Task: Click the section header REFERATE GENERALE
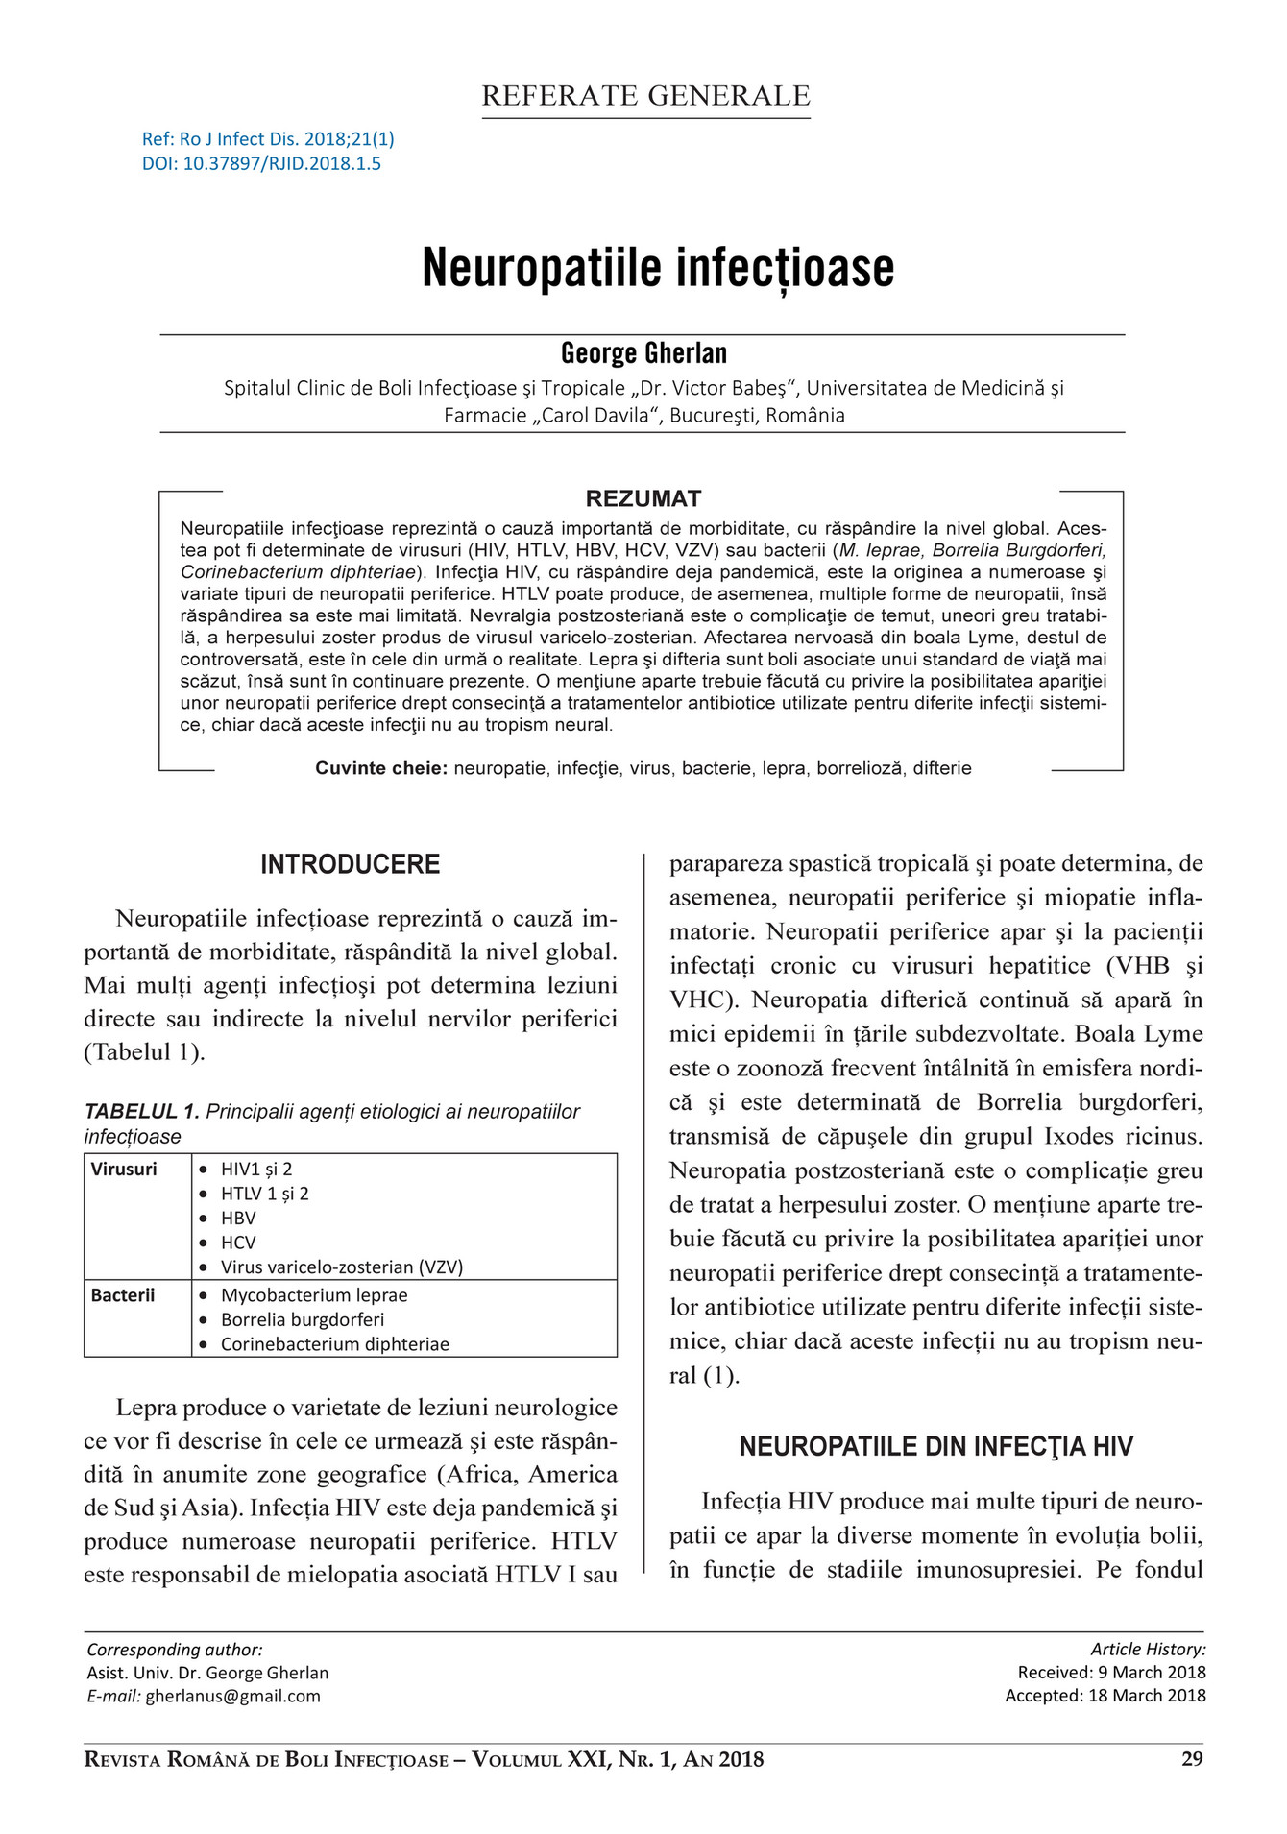coord(645,96)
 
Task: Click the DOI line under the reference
coord(261,164)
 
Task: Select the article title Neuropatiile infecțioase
coord(658,268)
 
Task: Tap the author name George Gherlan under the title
coord(643,353)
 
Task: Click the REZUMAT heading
coord(643,498)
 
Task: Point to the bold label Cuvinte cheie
coord(381,768)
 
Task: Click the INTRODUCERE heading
coord(350,864)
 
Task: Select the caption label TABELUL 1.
coord(141,1111)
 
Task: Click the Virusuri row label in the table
coord(124,1169)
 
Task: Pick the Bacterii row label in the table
coord(122,1295)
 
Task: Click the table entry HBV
coord(238,1218)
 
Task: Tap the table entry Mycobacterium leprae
coord(314,1295)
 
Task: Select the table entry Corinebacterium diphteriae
coord(334,1344)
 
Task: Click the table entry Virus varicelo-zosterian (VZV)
coord(341,1267)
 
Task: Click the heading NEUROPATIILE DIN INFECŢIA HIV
coord(935,1447)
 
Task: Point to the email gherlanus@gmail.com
coord(232,1696)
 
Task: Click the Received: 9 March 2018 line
coord(1111,1672)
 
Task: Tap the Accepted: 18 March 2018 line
coord(1105,1696)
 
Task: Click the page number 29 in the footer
coord(1192,1760)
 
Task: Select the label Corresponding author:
coord(174,1650)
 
